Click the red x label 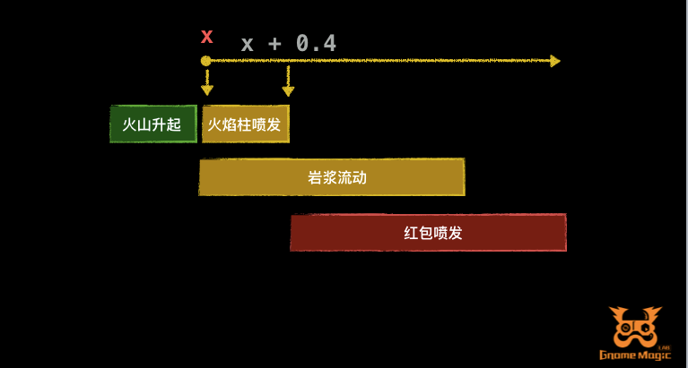(x=207, y=37)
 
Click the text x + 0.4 (x=288, y=42)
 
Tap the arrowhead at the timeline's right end (x=555, y=61)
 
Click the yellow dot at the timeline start (x=205, y=61)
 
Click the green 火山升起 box (x=152, y=124)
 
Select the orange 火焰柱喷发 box (x=245, y=124)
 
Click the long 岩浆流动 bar (x=331, y=177)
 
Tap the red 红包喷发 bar (x=428, y=233)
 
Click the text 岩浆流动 (x=337, y=177)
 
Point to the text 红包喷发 (x=433, y=233)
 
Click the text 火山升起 (x=152, y=124)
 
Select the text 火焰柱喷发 (x=245, y=124)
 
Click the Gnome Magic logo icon (x=636, y=328)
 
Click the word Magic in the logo (x=656, y=356)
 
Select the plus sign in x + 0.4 (x=275, y=43)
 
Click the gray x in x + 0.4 (x=248, y=43)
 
